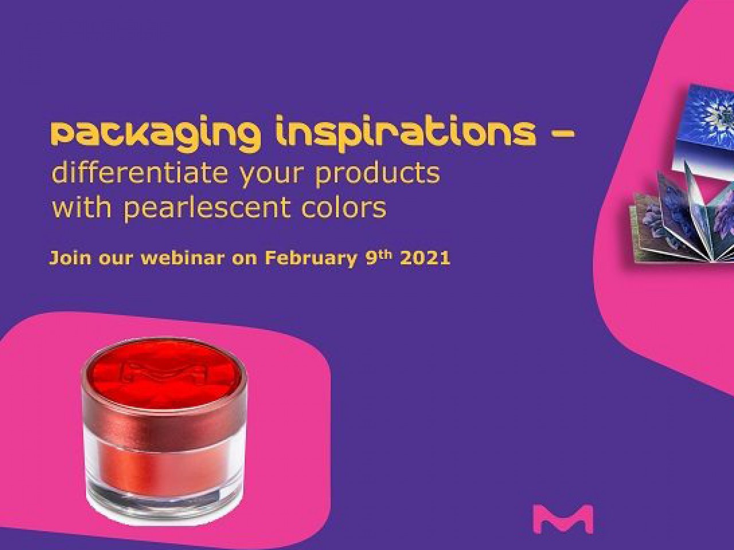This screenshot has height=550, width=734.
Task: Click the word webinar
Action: (182, 258)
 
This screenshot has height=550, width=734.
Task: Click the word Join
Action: (69, 258)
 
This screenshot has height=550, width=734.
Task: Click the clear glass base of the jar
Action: (164, 501)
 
